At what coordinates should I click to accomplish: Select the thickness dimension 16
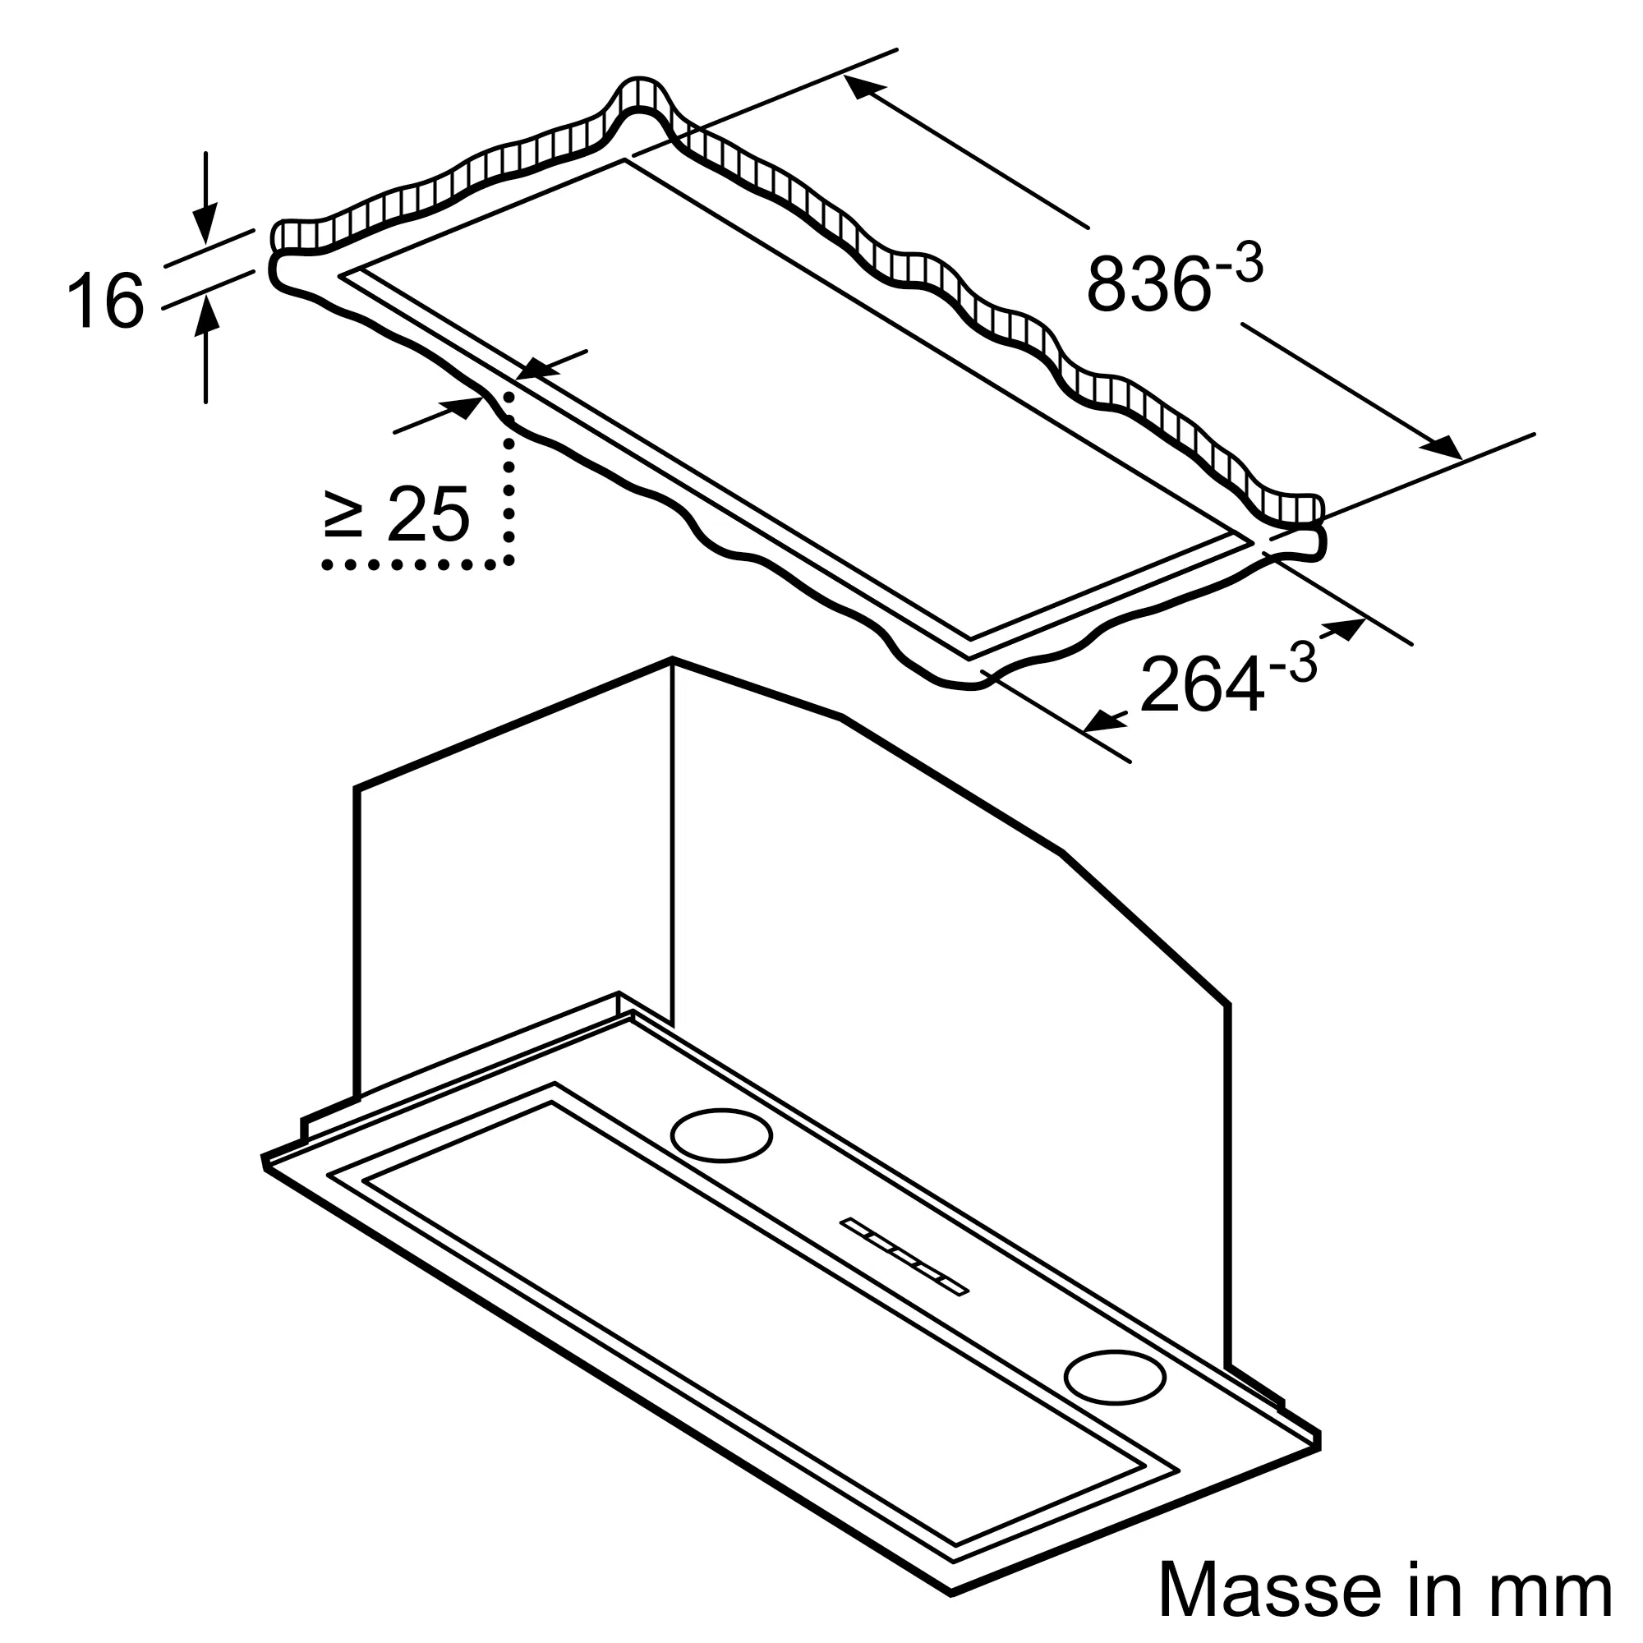pos(105,299)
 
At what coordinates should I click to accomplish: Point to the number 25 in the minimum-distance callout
pos(428,513)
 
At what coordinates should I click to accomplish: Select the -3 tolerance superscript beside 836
pos(1239,264)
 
